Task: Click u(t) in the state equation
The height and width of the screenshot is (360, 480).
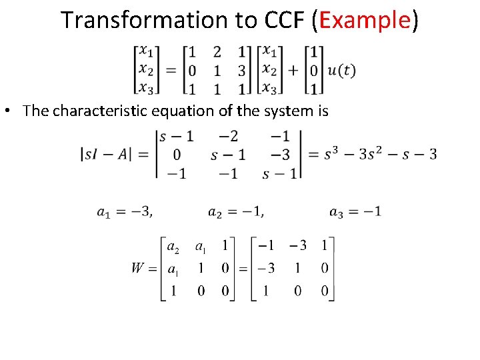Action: pyautogui.click(x=342, y=70)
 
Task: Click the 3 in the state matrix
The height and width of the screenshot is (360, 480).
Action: pyautogui.click(x=242, y=70)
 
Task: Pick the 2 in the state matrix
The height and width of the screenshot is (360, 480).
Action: pyautogui.click(x=217, y=51)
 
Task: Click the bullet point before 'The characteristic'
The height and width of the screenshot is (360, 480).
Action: pyautogui.click(x=14, y=111)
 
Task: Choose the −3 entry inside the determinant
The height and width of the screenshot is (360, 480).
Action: pyautogui.click(x=280, y=155)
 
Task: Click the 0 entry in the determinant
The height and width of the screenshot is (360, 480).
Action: pyautogui.click(x=177, y=155)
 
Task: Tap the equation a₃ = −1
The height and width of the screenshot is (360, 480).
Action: pyautogui.click(x=355, y=212)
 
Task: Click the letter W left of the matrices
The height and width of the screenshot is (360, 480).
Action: pyautogui.click(x=137, y=268)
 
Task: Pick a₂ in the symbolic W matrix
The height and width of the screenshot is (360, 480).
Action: pyautogui.click(x=172, y=247)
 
